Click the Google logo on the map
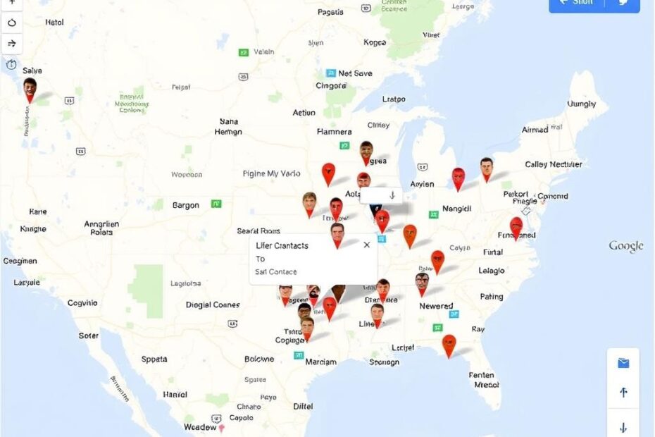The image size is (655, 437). pyautogui.click(x=625, y=246)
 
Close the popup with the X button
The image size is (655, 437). pyautogui.click(x=366, y=245)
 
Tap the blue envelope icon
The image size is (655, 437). pyautogui.click(x=623, y=364)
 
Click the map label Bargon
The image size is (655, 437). pyautogui.click(x=186, y=205)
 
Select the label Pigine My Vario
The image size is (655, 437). pyautogui.click(x=271, y=173)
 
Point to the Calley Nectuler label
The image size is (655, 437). pyautogui.click(x=554, y=164)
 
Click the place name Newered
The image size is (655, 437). pyautogui.click(x=436, y=306)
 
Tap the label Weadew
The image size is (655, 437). pyautogui.click(x=200, y=427)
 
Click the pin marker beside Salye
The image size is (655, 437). pyautogui.click(x=30, y=90)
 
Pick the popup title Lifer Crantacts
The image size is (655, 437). pyautogui.click(x=282, y=245)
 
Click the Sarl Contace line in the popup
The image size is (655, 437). pyautogui.click(x=276, y=272)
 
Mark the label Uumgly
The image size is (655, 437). pyautogui.click(x=581, y=104)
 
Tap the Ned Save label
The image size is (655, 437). pyautogui.click(x=355, y=73)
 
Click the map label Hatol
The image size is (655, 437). pyautogui.click(x=54, y=22)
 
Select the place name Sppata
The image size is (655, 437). pyautogui.click(x=154, y=359)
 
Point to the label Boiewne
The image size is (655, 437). pyautogui.click(x=259, y=359)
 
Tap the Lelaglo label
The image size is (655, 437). pyautogui.click(x=491, y=270)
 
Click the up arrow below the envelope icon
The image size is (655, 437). pyautogui.click(x=623, y=393)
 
